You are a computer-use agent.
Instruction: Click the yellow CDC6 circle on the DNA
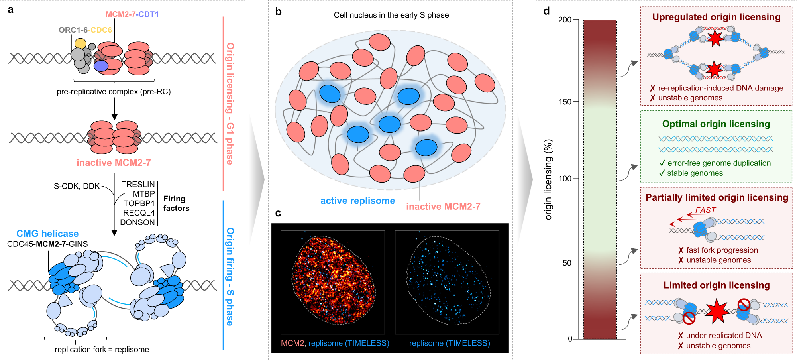[x=80, y=43]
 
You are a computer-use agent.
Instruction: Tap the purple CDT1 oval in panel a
[x=101, y=66]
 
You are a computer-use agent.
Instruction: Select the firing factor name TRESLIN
[x=138, y=184]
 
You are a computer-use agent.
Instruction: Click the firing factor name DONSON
[x=137, y=222]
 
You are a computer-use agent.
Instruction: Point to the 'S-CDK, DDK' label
[x=77, y=186]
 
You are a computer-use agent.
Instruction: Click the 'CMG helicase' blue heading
[x=47, y=234]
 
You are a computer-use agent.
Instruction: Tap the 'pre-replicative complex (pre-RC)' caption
[x=114, y=92]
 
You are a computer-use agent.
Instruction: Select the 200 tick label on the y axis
[x=565, y=20]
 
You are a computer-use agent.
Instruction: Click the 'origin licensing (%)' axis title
[x=549, y=179]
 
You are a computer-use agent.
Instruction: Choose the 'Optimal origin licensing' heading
[x=716, y=124]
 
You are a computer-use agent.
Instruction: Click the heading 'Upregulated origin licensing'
[x=716, y=17]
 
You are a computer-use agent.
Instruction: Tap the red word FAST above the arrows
[x=705, y=210]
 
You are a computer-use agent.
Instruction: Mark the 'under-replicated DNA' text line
[x=724, y=336]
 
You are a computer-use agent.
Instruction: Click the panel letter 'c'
[x=278, y=213]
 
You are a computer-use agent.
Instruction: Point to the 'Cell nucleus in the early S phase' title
[x=391, y=15]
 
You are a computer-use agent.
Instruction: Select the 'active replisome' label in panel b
[x=357, y=201]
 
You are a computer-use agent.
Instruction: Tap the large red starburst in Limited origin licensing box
[x=717, y=311]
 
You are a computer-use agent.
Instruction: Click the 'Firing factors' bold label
[x=176, y=203]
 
